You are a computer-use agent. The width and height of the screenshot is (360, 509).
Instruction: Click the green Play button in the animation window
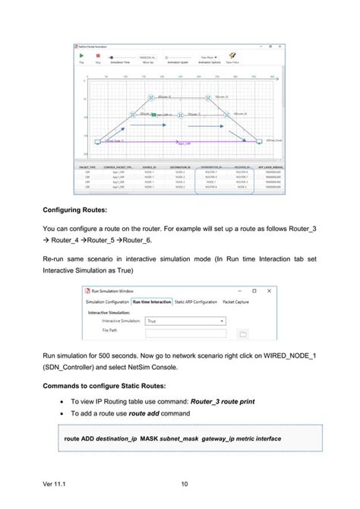[82, 57]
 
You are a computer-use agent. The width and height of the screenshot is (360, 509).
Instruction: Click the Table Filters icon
[233, 56]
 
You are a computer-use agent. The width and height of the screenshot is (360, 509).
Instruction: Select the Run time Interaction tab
[151, 302]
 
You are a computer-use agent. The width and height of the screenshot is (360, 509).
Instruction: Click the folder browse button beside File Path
[243, 333]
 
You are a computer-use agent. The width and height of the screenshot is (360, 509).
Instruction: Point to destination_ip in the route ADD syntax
[118, 438]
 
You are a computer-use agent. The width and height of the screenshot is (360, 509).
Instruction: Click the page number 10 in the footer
[185, 484]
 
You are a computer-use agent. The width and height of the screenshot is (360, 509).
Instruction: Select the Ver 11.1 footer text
[55, 484]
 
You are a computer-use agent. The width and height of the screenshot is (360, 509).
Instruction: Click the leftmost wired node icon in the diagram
[97, 141]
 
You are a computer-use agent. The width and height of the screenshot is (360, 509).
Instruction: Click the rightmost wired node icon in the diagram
[260, 141]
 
